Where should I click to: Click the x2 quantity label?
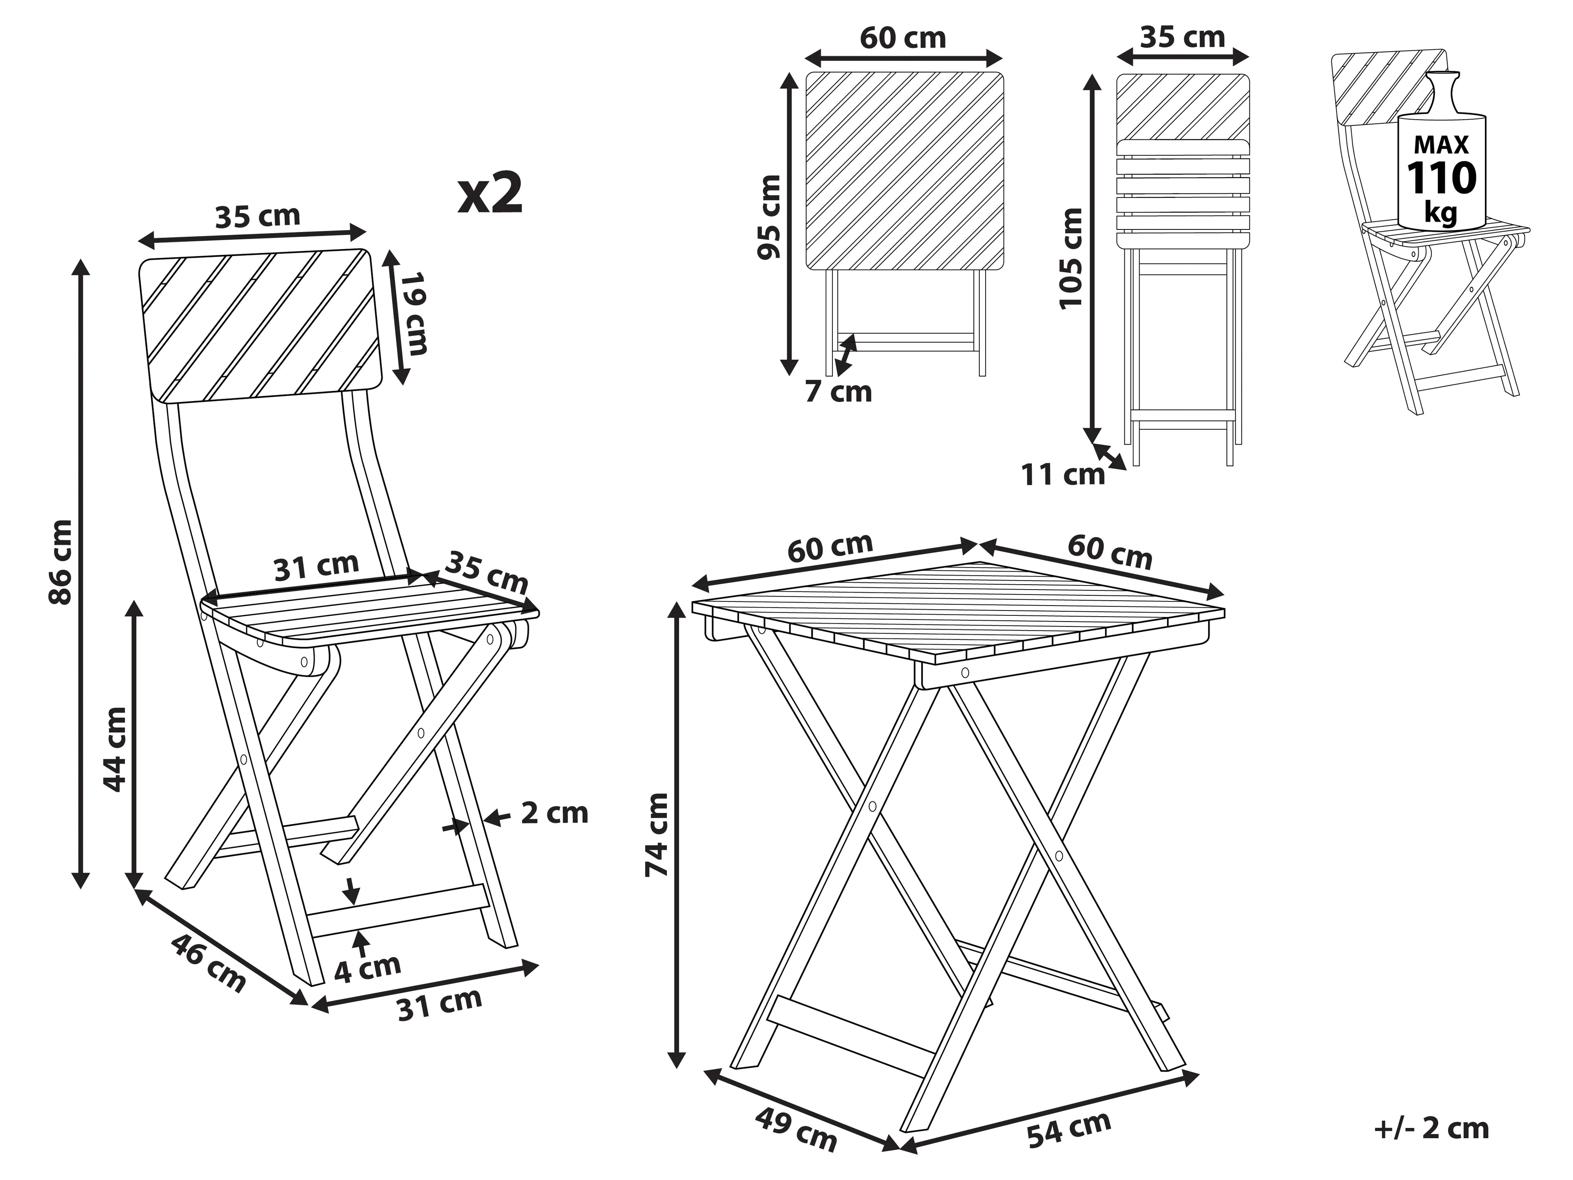491,193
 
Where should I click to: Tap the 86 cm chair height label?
61,562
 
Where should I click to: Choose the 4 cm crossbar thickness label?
368,969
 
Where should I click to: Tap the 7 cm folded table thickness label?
839,392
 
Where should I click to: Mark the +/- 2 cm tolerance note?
1432,1128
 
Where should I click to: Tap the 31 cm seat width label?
317,566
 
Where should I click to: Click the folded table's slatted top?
904,171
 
